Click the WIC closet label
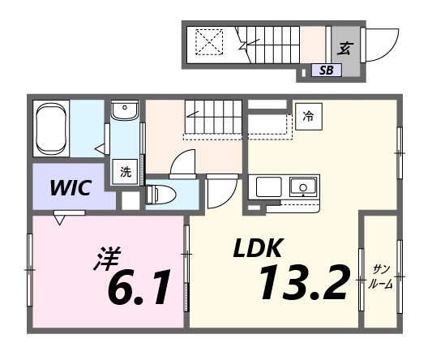70,188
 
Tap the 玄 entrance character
344,48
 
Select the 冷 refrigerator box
307,116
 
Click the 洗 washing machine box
126,172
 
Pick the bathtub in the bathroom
51,128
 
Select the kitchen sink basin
303,187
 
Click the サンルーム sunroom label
380,276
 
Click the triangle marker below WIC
60,217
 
